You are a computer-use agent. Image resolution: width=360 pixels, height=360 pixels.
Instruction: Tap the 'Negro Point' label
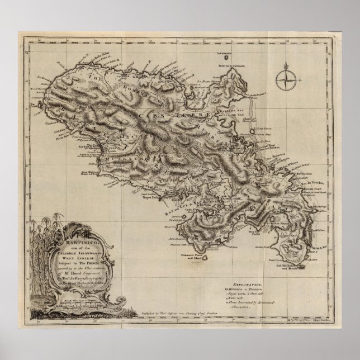pos(133,197)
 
